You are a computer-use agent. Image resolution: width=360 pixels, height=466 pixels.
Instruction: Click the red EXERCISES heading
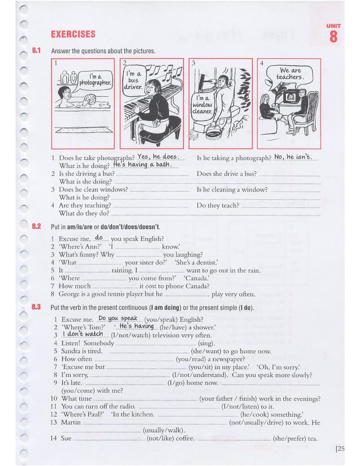(x=73, y=34)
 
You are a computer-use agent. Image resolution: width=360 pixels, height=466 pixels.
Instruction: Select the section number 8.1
(x=37, y=51)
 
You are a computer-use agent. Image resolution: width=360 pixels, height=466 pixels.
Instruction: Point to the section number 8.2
(x=37, y=226)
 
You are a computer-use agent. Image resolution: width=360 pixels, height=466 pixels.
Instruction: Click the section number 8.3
(x=37, y=307)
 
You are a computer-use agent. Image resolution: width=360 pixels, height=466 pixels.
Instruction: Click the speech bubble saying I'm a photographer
(x=93, y=80)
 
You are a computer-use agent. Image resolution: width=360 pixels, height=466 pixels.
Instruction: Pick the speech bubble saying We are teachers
(x=291, y=74)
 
